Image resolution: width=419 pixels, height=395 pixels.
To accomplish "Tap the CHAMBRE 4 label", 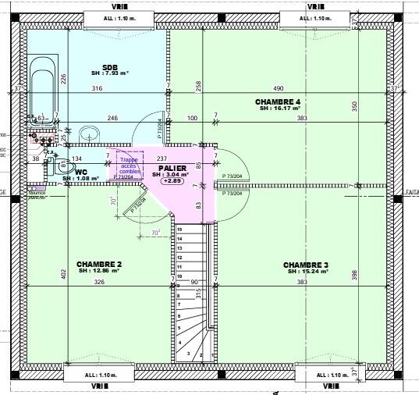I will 277,102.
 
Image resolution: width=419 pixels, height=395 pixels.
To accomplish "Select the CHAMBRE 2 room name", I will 98,265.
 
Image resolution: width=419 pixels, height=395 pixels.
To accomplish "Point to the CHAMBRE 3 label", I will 305,265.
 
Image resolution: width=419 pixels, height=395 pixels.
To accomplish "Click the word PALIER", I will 171,168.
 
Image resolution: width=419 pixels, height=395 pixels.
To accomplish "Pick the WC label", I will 80,172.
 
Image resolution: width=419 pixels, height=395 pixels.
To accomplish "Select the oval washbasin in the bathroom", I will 88,133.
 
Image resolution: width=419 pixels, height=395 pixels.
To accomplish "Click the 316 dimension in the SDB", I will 97,89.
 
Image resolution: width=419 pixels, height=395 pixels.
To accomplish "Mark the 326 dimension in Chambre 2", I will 99,282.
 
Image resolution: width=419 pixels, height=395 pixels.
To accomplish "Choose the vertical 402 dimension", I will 64,276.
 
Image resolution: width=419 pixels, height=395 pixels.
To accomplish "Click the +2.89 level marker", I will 172,181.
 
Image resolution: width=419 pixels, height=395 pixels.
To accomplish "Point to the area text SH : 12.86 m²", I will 99,272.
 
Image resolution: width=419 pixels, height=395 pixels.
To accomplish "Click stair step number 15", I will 179,230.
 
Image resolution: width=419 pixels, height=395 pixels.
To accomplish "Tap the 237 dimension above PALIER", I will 162,158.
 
